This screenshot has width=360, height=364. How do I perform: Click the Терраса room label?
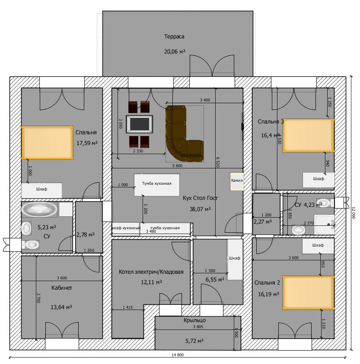pos(174,36)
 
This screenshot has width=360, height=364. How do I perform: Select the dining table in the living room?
pos(139,124)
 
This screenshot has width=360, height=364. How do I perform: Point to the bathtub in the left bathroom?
pos(39,209)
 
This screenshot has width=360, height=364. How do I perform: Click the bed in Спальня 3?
pos(308,136)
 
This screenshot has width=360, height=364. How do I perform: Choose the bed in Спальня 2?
pos(308,293)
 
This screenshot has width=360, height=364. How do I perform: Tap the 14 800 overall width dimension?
pos(178,355)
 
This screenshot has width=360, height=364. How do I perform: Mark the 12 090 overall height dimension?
pos(353,213)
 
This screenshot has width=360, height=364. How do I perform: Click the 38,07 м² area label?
pos(200,209)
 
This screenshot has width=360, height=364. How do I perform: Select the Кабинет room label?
pos(62,288)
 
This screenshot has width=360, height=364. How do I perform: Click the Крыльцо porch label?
pos(194,320)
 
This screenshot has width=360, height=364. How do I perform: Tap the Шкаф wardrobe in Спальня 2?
pos(318,246)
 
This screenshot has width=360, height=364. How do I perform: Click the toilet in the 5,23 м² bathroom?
pos(31,244)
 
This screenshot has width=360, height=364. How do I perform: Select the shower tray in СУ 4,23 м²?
pos(324,225)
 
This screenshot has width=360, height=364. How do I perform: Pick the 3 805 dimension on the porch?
pos(198,326)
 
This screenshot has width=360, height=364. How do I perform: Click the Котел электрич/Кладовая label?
pos(151,272)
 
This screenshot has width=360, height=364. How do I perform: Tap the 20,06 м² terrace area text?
pos(175,51)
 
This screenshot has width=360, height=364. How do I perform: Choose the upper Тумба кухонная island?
pos(157,185)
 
